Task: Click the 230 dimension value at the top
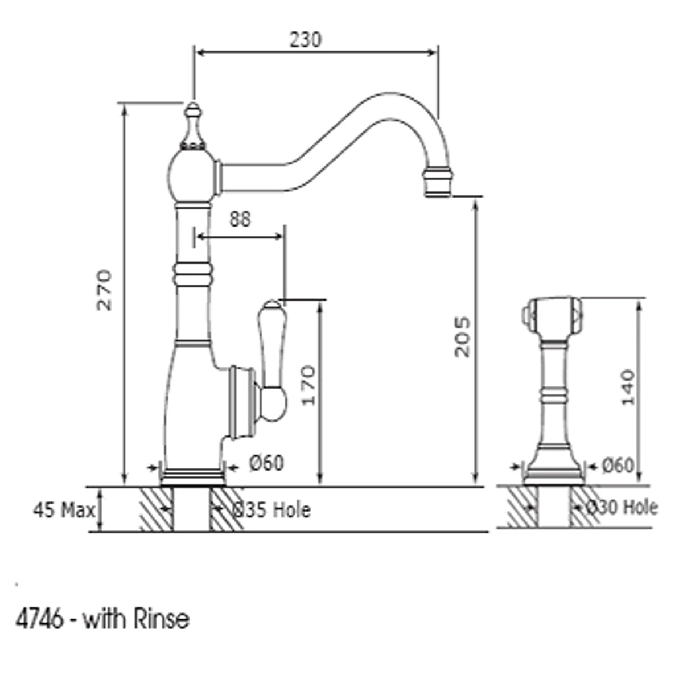(306, 39)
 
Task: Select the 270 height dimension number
(105, 290)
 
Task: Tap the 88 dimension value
(240, 219)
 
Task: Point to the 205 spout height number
(462, 337)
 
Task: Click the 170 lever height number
(308, 385)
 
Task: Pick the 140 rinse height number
(628, 388)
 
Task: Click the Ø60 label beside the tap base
(266, 463)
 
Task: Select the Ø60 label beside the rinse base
(618, 465)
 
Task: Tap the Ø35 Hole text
(271, 511)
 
